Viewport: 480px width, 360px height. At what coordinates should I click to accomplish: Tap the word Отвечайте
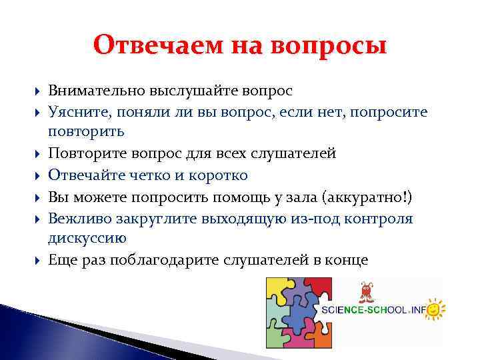(84, 175)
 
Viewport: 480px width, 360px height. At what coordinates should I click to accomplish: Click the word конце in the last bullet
(348, 260)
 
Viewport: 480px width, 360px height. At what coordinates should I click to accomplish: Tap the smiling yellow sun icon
(435, 309)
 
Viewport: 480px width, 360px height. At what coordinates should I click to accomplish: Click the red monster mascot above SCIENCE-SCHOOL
(366, 293)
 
